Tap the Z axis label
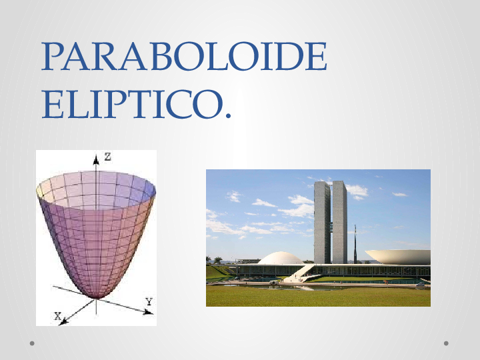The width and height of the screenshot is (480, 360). (107, 157)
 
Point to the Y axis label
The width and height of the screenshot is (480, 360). (149, 302)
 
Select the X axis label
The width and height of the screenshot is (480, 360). (58, 315)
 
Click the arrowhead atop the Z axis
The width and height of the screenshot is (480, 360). (97, 159)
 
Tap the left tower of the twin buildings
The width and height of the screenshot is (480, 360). (322, 221)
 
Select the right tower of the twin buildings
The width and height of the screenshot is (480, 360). (339, 221)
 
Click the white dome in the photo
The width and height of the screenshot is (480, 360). (281, 258)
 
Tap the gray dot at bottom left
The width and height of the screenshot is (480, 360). (32, 343)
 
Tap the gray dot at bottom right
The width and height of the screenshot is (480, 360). (447, 343)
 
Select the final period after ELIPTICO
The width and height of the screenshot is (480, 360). (229, 118)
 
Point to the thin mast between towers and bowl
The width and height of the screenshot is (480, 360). (355, 243)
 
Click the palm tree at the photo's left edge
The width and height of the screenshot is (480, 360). (218, 260)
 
